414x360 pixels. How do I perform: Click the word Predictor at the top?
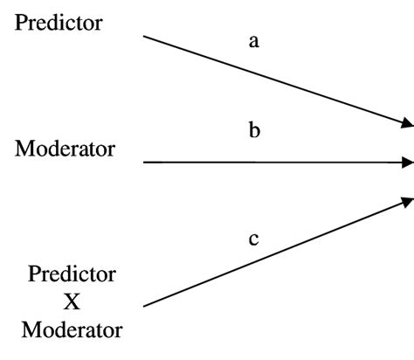click(71, 24)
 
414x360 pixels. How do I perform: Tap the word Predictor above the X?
click(72, 274)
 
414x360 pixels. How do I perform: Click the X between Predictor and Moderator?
click(72, 302)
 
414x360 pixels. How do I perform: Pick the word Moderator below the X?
click(72, 331)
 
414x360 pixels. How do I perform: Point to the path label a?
click(254, 41)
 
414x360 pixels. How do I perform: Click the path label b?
click(254, 132)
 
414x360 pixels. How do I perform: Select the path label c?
click(254, 238)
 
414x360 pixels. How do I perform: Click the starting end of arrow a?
click(144, 37)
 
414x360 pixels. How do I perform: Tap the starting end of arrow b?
click(144, 163)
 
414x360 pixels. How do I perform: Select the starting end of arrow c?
click(144, 306)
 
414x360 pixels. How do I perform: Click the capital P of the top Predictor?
click(21, 24)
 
